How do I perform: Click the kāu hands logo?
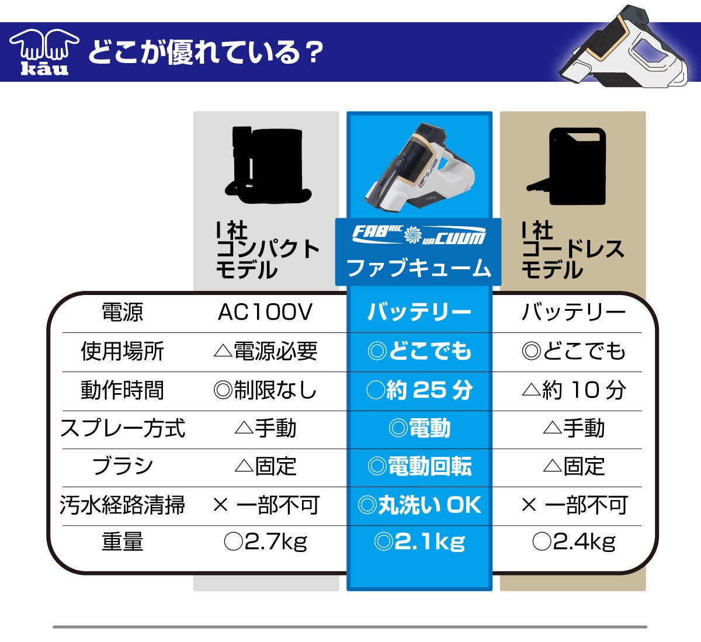click(44, 52)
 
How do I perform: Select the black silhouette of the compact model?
click(268, 165)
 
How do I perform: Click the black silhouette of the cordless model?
click(567, 166)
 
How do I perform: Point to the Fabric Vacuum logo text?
click(419, 235)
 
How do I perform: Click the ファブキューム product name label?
click(419, 268)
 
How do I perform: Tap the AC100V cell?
click(265, 312)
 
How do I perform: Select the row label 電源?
click(122, 312)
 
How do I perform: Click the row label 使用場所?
click(122, 351)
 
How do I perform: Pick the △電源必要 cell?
click(266, 351)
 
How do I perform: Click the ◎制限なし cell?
click(265, 390)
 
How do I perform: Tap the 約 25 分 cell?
click(419, 390)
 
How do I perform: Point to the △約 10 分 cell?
click(574, 390)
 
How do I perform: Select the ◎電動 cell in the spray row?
click(419, 428)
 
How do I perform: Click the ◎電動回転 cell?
click(419, 467)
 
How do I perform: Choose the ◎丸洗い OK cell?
click(419, 505)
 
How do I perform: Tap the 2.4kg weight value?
click(584, 542)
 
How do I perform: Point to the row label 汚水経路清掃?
click(122, 505)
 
